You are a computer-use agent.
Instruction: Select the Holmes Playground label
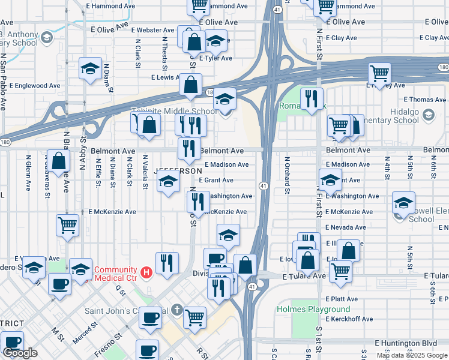pyautogui.click(x=304, y=309)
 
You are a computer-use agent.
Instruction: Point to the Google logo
pyautogui.click(x=20, y=353)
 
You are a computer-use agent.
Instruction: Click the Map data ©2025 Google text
pyautogui.click(x=412, y=355)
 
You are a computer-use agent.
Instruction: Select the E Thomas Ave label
pyautogui.click(x=424, y=100)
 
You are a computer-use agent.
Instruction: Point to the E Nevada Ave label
pyautogui.click(x=345, y=228)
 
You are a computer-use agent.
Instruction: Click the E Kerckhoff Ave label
pyautogui.click(x=349, y=319)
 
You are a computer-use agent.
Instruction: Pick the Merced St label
pyautogui.click(x=86, y=334)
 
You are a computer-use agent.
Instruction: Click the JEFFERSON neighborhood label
pyautogui.click(x=178, y=171)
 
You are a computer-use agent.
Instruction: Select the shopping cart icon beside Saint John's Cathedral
pyautogui.click(x=195, y=316)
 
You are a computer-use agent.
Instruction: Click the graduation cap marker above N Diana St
pyautogui.click(x=90, y=68)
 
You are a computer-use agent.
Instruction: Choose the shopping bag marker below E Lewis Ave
pyautogui.click(x=190, y=85)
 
